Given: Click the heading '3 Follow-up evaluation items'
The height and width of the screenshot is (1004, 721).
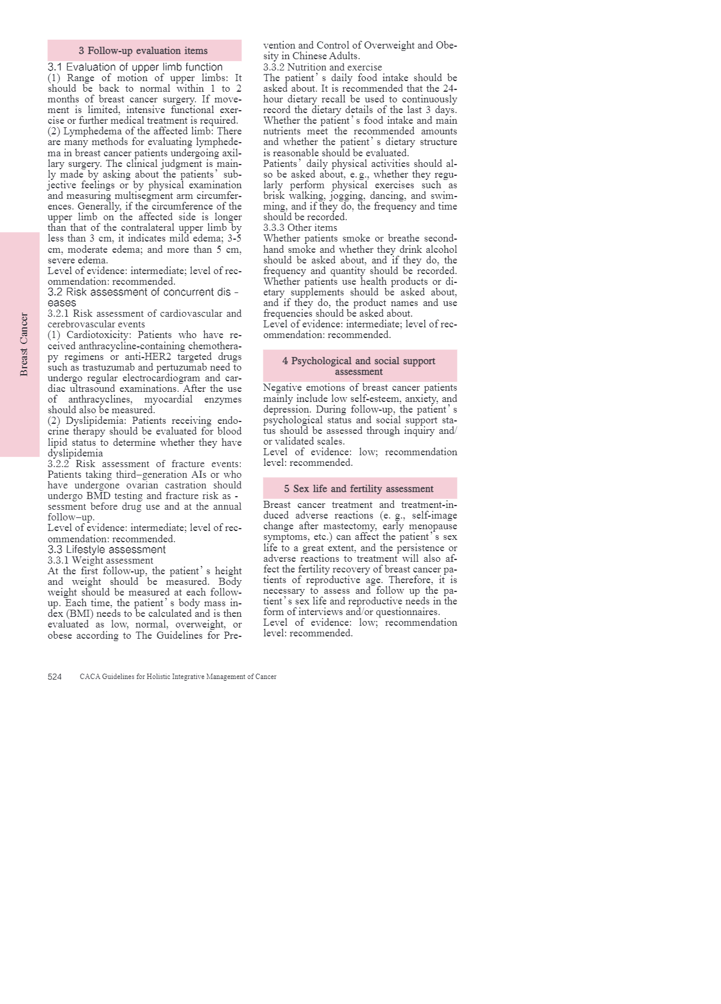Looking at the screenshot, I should [143, 51].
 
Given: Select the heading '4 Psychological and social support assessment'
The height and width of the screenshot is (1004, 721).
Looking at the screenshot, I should [359, 366].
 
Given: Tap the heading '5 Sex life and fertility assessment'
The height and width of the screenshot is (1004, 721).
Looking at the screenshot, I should [359, 489].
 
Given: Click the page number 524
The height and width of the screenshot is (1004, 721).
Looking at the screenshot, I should [54, 677].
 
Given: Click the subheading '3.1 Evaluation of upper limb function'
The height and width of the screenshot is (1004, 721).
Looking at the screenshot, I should [135, 67].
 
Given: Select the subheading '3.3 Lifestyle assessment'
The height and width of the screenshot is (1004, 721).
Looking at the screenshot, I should [107, 549].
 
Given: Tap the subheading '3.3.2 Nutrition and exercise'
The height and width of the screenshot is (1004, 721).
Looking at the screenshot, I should [323, 67].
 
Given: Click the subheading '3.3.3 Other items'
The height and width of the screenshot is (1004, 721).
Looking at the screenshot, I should [300, 228].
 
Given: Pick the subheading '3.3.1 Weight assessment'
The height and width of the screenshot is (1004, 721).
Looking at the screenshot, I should [100, 561].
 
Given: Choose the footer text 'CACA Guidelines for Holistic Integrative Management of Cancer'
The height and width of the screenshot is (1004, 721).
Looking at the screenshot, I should [178, 677].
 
